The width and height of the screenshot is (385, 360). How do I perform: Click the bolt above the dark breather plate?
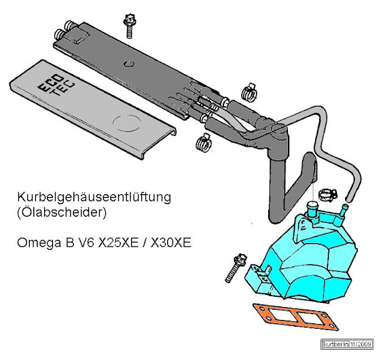[x=130, y=26]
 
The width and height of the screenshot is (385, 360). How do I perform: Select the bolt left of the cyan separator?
[x=236, y=269]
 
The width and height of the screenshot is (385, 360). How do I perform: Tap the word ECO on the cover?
[x=50, y=84]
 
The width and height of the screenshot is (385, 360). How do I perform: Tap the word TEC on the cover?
[x=61, y=88]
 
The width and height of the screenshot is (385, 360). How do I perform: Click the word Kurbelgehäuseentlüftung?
[x=94, y=198]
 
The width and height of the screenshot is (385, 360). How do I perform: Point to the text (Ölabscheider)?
[x=62, y=213]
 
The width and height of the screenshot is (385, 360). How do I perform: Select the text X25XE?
[x=118, y=243]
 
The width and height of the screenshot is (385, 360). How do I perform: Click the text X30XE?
[x=171, y=243]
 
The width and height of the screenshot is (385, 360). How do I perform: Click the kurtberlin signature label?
[x=335, y=344]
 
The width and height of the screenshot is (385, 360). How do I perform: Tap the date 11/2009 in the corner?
[x=360, y=344]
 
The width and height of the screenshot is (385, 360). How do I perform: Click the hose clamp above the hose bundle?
[x=249, y=92]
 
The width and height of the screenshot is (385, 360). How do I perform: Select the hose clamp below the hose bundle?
[x=204, y=143]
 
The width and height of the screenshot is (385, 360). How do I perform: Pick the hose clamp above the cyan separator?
[x=328, y=196]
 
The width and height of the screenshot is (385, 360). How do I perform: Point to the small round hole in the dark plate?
[x=129, y=65]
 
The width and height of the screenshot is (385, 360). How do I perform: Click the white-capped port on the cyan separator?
[x=312, y=209]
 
